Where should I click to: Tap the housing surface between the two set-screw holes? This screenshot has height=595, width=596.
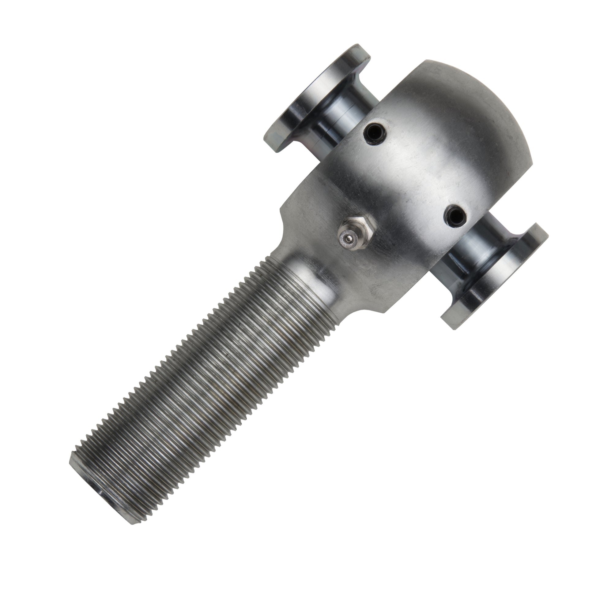tap(413, 173)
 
